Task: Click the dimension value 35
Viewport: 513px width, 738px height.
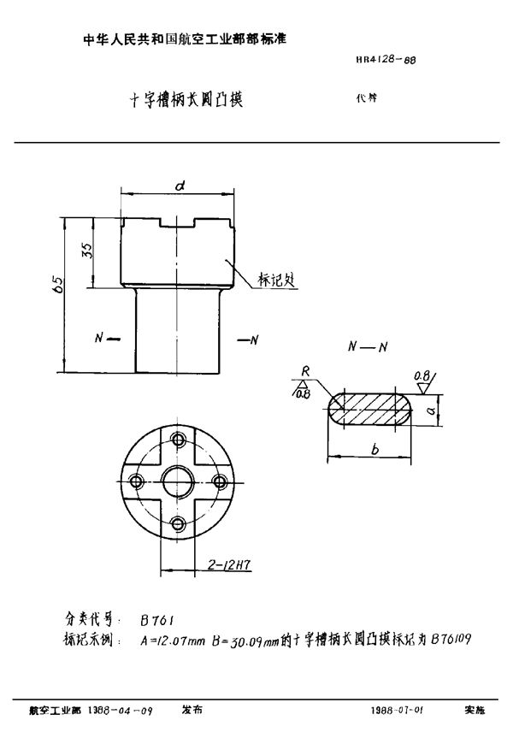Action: [86, 254]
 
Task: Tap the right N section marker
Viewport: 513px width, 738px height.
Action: [250, 340]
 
